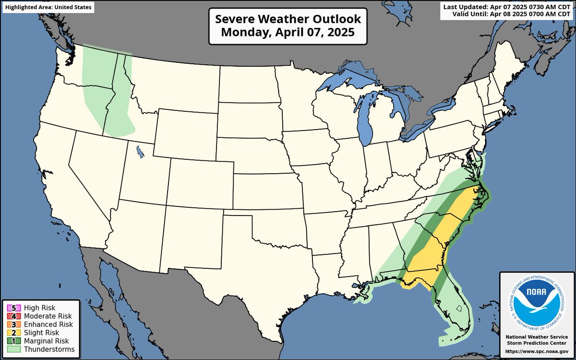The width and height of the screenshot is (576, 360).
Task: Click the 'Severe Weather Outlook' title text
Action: pos(288,19)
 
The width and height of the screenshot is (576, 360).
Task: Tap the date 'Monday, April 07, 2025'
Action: pos(288,33)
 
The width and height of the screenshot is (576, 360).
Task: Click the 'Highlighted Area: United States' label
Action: pos(47,8)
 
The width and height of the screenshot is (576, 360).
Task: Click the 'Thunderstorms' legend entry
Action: pos(41,349)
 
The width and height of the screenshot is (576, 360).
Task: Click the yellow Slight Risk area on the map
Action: pos(432,250)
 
